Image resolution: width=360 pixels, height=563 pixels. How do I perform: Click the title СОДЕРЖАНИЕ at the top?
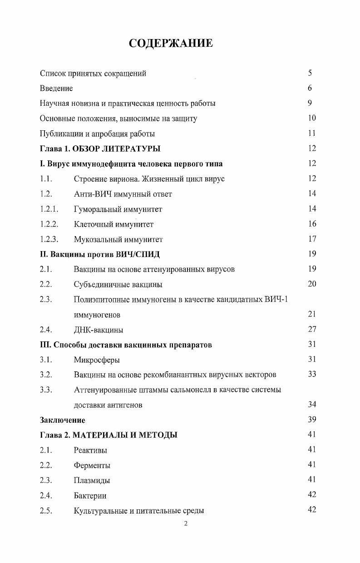pyautogui.click(x=171, y=44)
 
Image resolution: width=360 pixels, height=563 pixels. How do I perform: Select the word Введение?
pyautogui.click(x=56, y=89)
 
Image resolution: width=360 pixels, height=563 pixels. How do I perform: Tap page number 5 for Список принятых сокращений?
pyautogui.click(x=310, y=73)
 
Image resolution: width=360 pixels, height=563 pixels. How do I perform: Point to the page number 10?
pyautogui.click(x=311, y=118)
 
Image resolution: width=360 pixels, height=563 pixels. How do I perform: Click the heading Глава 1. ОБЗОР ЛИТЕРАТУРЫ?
pyautogui.click(x=100, y=148)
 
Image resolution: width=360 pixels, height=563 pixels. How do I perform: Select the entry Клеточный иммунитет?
pyautogui.click(x=113, y=224)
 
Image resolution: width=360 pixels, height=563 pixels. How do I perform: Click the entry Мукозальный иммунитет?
pyautogui.click(x=118, y=239)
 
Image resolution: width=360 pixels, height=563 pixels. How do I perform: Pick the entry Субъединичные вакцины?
pyautogui.click(x=118, y=285)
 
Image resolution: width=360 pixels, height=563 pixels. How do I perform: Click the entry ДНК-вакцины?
pyautogui.click(x=99, y=330)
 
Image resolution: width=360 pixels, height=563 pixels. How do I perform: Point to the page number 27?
pyautogui.click(x=311, y=329)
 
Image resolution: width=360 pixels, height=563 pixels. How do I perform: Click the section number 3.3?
pyautogui.click(x=46, y=390)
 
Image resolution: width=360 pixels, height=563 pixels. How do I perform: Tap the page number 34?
pyautogui.click(x=311, y=405)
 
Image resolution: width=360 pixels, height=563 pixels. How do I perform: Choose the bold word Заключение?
pyautogui.click(x=62, y=420)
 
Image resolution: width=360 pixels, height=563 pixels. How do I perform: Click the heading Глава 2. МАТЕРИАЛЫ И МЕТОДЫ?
pyautogui.click(x=108, y=435)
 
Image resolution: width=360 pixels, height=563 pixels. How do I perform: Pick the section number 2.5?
pyautogui.click(x=46, y=510)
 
